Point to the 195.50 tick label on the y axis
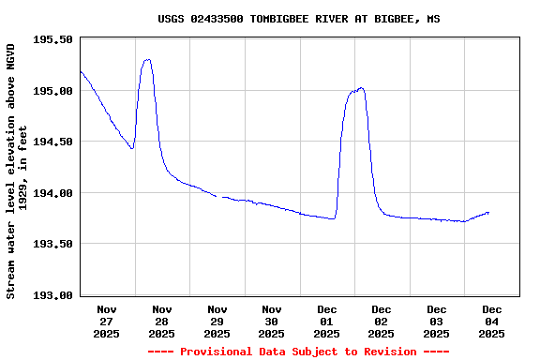(53, 39)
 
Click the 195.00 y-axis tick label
(53, 91)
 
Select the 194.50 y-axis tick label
(53, 142)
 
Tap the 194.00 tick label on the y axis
(53, 193)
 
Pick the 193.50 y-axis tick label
(53, 244)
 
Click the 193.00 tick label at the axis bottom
(53, 295)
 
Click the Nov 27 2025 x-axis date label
(107, 321)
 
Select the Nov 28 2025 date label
(161, 321)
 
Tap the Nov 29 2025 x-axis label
(217, 321)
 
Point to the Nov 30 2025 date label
(271, 321)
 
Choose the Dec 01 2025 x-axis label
(326, 321)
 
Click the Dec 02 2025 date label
(381, 321)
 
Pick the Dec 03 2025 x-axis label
(436, 321)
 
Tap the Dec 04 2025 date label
(491, 321)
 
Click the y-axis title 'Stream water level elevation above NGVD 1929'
(17, 171)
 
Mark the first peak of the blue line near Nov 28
(147, 60)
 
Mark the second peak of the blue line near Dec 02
(360, 88)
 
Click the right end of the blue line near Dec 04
(488, 213)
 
